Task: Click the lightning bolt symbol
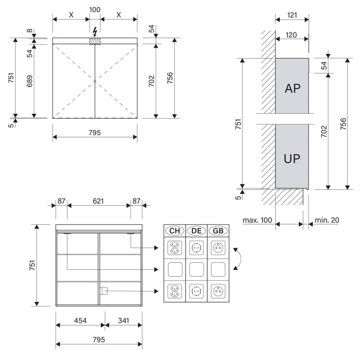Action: tap(95, 32)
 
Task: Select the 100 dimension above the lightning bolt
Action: tap(95, 10)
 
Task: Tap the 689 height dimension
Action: tap(29, 81)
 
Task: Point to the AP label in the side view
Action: tap(292, 88)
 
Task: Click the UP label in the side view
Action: tap(292, 158)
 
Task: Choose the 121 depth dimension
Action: tap(292, 15)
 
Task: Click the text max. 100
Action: tap(257, 220)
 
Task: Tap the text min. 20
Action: tap(327, 220)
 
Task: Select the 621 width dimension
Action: tap(99, 201)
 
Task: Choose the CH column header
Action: tap(174, 230)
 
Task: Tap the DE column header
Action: tap(196, 230)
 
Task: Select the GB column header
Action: tap(218, 230)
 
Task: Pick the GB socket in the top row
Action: tap(218, 248)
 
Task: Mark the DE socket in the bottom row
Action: tap(196, 291)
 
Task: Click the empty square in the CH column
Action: tap(174, 269)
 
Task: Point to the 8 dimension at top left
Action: tap(29, 31)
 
